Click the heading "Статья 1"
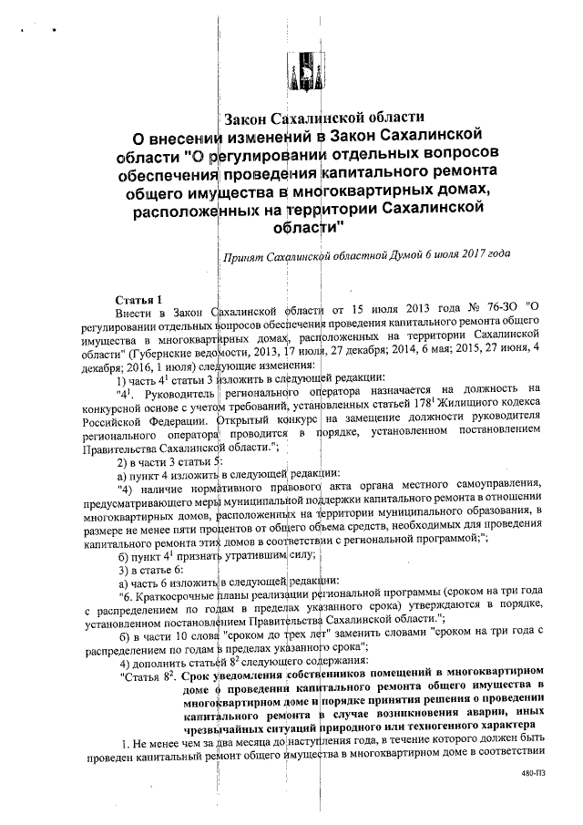pos(137,299)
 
